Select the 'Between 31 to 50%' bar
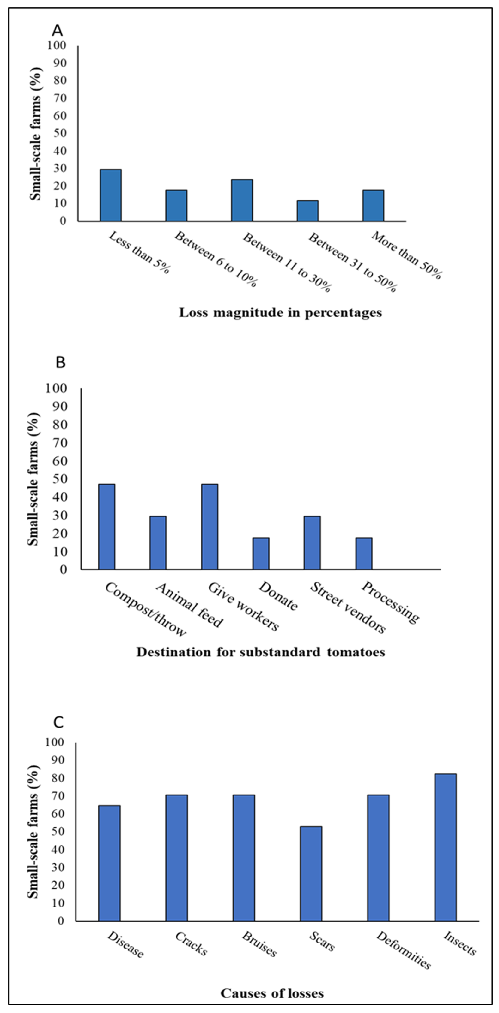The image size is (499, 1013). (x=307, y=211)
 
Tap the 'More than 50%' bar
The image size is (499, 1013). (x=373, y=205)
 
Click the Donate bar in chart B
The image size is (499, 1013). (x=261, y=553)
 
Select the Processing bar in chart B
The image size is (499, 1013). (x=364, y=553)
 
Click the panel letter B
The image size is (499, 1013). (x=60, y=363)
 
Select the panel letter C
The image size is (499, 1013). (x=58, y=722)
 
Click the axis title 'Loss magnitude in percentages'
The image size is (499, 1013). (x=280, y=313)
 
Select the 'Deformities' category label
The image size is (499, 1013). (x=403, y=950)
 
